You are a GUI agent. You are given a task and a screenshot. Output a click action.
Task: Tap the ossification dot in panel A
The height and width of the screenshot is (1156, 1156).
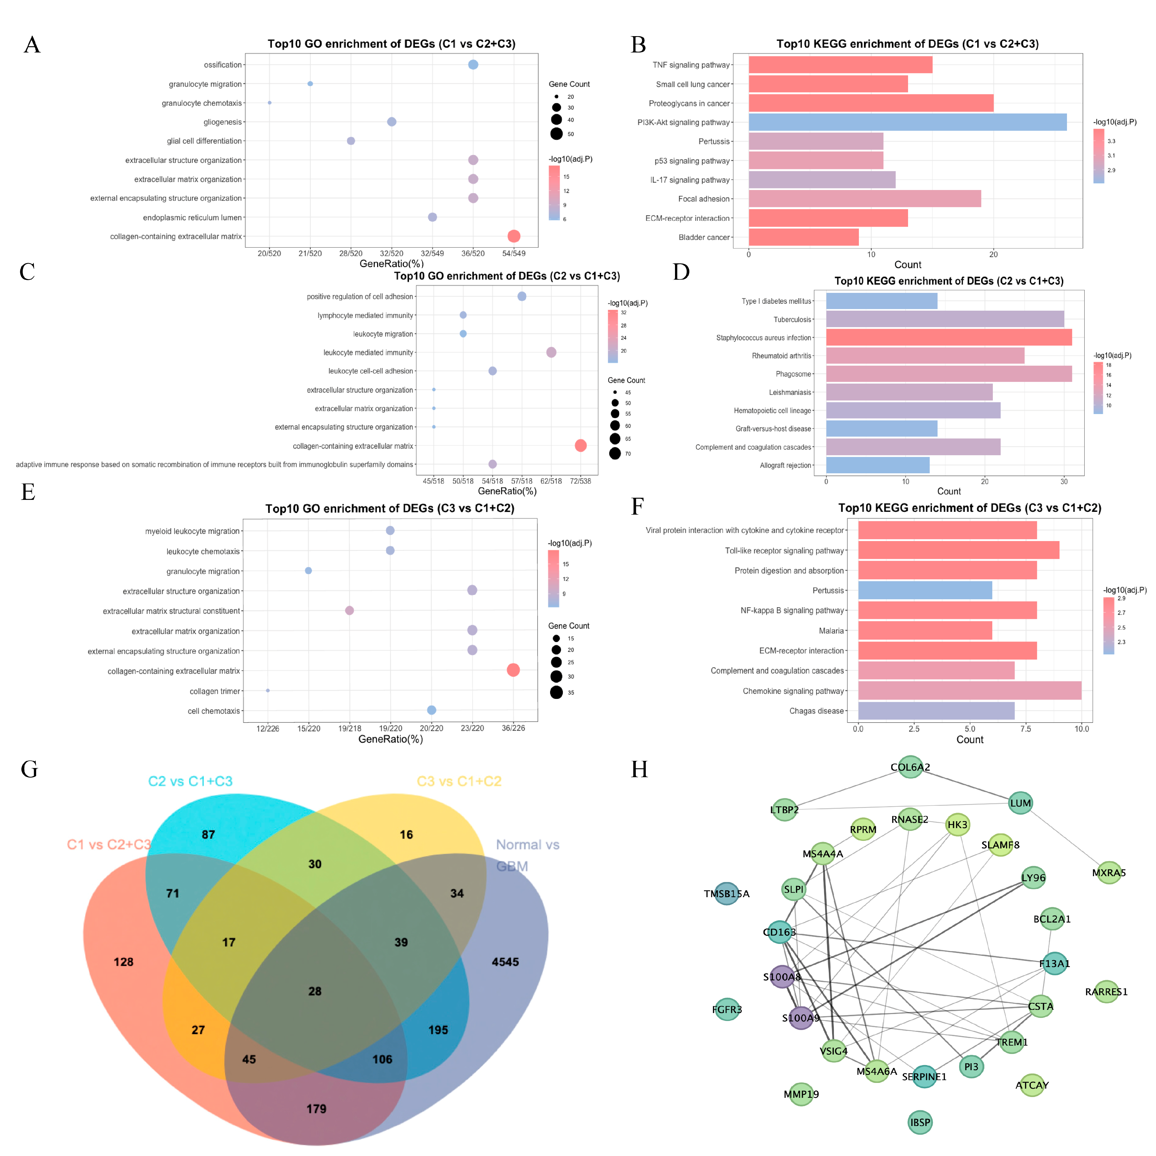[473, 65]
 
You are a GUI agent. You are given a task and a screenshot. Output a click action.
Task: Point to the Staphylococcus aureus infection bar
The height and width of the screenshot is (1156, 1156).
[948, 337]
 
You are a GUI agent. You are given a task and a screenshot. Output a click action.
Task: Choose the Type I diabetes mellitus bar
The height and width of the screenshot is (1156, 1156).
[881, 301]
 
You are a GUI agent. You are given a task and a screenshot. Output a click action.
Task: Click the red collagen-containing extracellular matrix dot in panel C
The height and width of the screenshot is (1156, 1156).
[580, 445]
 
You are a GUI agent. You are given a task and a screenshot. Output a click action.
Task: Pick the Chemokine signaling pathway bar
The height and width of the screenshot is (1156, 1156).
[969, 690]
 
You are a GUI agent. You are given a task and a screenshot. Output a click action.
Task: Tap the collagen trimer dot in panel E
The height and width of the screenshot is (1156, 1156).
[267, 690]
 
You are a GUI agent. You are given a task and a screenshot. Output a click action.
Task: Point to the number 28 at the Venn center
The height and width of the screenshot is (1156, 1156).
[315, 992]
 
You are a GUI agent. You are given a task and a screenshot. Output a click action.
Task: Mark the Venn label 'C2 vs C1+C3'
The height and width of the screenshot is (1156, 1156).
[190, 782]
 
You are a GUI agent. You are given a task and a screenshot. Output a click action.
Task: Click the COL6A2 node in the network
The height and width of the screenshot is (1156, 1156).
[910, 767]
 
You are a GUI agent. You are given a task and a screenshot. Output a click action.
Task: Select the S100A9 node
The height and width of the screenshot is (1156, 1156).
[801, 1018]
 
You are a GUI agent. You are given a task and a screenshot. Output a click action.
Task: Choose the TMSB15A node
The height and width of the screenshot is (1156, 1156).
[726, 894]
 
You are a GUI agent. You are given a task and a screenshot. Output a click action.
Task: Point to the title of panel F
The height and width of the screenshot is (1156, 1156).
[969, 508]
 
